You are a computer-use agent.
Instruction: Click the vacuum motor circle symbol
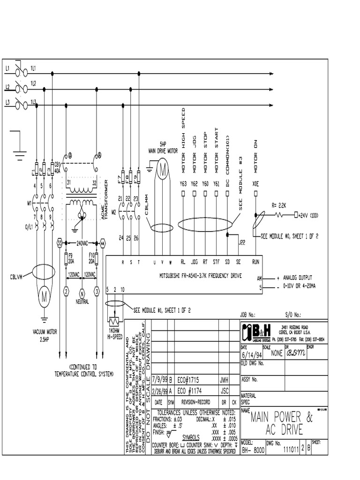45,297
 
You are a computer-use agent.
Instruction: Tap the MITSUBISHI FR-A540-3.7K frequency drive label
197,276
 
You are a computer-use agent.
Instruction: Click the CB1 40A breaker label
58,167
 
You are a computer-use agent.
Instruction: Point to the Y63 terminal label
183,184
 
